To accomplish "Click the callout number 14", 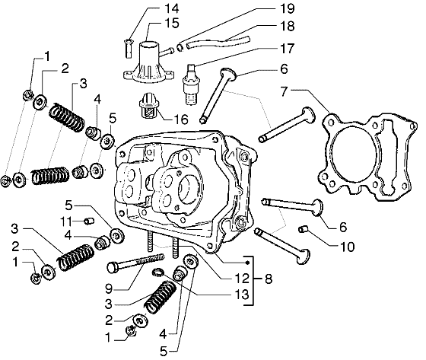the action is click(172, 8).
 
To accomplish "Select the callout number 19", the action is click(287, 8).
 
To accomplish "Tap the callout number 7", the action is click(284, 91).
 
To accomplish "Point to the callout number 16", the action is click(181, 119).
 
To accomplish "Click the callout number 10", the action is click(347, 247).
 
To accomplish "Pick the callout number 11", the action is click(67, 221).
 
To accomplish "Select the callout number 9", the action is click(109, 288).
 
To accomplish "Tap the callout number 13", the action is click(242, 295).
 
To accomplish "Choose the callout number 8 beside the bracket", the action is click(269, 279).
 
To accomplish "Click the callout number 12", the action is click(242, 279).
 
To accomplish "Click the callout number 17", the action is click(287, 49).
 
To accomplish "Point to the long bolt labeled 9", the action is click(136, 262).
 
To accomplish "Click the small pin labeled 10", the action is click(303, 230).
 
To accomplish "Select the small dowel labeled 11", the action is click(89, 221).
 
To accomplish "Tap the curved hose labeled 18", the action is click(218, 43).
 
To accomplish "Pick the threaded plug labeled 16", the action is click(148, 107).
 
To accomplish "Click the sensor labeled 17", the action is click(191, 84).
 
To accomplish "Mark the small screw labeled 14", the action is click(129, 48).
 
